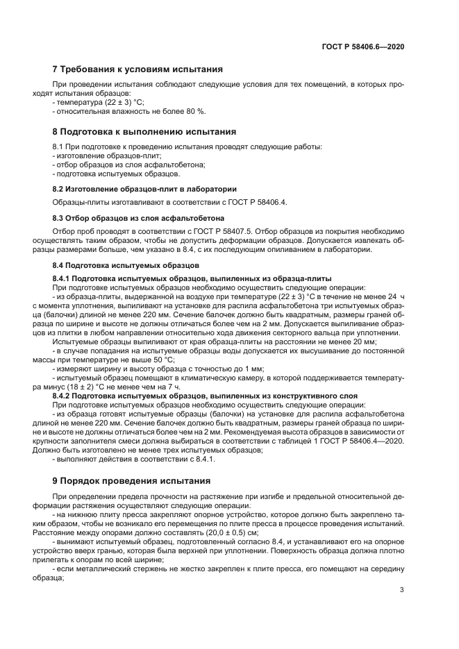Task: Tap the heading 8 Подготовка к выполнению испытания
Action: click(144, 131)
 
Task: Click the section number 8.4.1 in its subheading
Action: click(64, 278)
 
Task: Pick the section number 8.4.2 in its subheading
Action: click(64, 395)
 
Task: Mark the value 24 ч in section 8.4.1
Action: click(397, 295)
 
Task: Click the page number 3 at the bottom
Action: click(402, 590)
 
